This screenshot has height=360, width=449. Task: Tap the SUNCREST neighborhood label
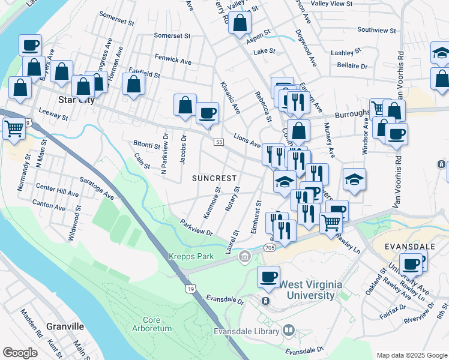(214, 178)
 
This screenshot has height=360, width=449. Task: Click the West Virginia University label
(299, 290)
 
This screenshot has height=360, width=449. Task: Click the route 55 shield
(218, 141)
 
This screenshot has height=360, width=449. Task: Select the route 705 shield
(269, 247)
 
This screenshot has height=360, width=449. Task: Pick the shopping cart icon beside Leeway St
(14, 128)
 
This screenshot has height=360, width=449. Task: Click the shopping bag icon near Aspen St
(240, 23)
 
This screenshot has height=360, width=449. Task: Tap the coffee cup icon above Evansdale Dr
(268, 277)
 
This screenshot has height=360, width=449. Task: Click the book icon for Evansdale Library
(289, 331)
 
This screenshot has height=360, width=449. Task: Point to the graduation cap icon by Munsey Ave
(354, 178)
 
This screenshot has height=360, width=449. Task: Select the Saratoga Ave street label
(97, 187)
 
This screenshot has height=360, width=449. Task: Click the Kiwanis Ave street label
(230, 98)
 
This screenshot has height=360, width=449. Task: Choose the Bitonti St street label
(147, 145)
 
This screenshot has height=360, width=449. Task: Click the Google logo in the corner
(20, 352)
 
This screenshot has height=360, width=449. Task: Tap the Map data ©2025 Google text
(411, 355)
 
